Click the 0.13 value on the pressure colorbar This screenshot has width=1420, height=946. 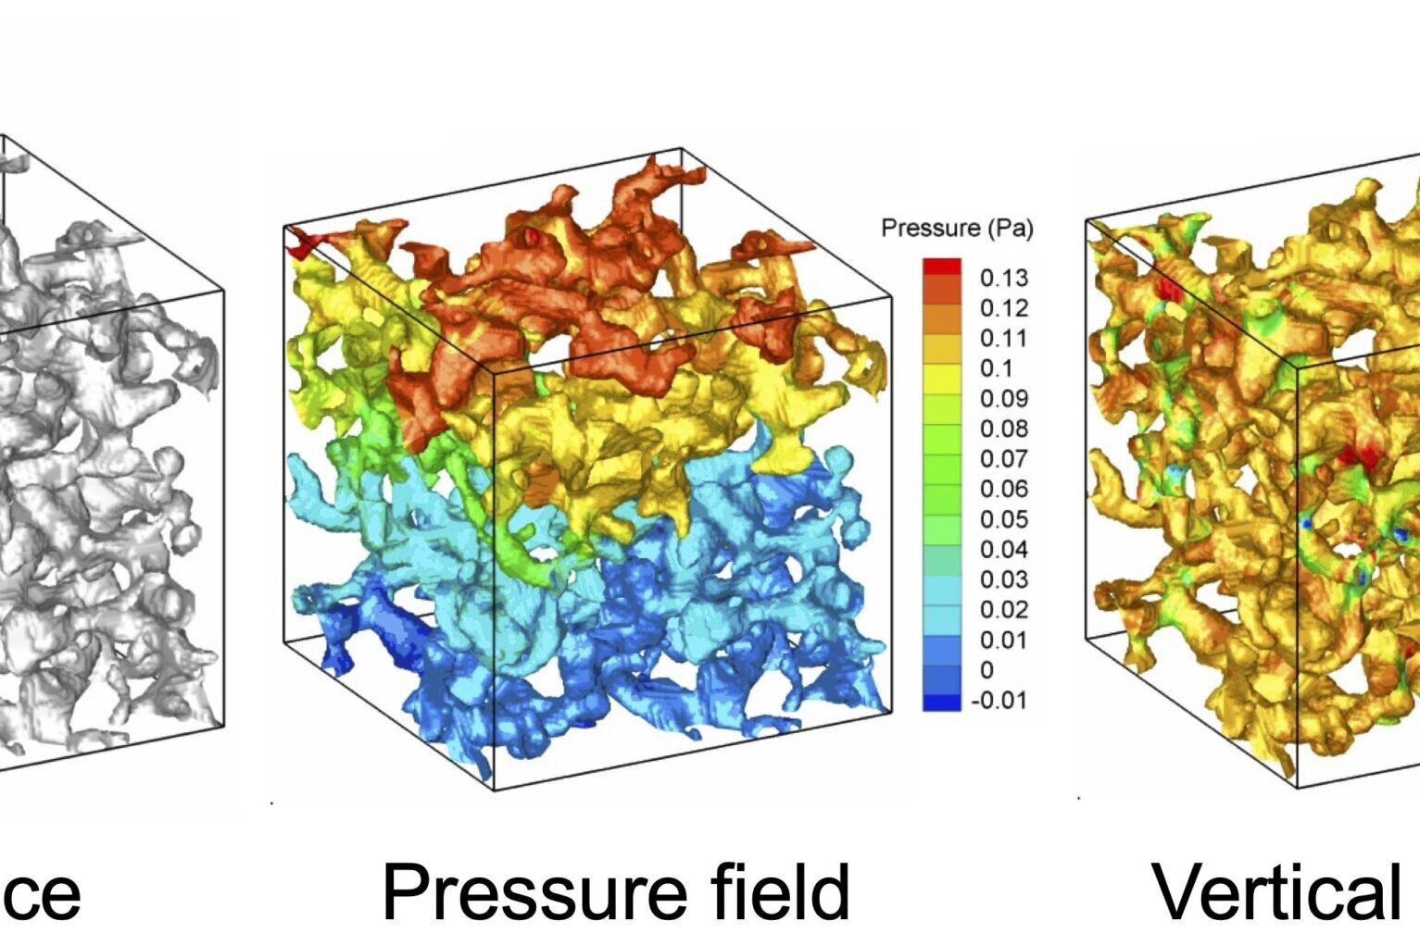(1004, 278)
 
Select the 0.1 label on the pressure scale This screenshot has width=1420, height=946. (997, 368)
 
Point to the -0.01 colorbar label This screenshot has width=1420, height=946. (999, 700)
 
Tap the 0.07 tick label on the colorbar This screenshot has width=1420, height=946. (1004, 459)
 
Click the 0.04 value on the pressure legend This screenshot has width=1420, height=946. (1004, 550)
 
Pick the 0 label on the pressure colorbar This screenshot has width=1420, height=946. (986, 670)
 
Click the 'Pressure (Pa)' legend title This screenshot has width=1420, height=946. (957, 228)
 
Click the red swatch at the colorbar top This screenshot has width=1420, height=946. (942, 267)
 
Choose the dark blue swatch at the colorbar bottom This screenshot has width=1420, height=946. (942, 702)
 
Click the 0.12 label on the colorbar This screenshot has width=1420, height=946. (1004, 308)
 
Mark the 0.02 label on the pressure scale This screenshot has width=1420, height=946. (1004, 610)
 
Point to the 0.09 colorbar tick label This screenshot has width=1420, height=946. (1004, 399)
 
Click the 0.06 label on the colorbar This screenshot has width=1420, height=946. (1004, 489)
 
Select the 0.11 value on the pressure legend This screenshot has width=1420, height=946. (1004, 339)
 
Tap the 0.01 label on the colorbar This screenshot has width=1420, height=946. (1004, 640)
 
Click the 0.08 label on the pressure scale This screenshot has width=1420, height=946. (1004, 429)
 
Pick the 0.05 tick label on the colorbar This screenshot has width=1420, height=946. (1004, 519)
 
